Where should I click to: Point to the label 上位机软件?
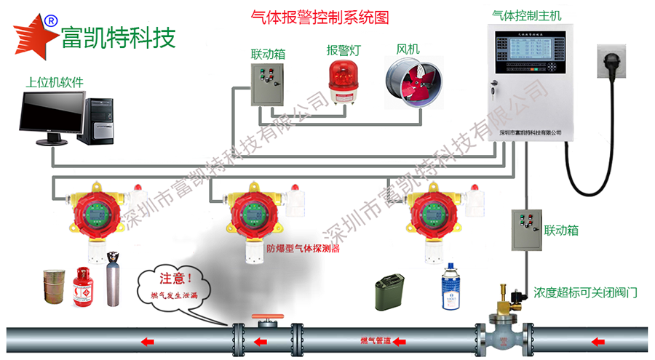tap(55, 82)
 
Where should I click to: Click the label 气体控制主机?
tap(526, 15)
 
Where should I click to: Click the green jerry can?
tap(389, 292)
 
